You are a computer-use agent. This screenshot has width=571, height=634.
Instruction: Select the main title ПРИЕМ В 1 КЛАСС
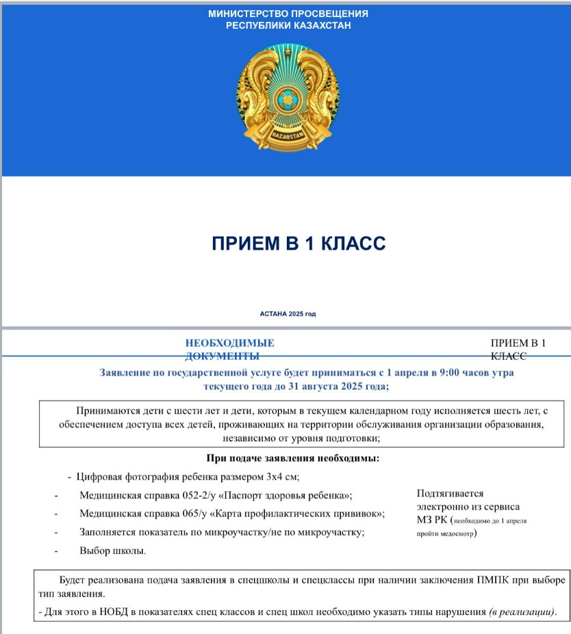(288, 243)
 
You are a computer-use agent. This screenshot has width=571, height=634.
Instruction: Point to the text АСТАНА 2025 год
(288, 314)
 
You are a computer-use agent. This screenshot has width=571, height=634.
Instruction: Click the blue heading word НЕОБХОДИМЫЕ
(229, 343)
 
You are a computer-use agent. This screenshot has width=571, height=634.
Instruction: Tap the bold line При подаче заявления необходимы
(292, 458)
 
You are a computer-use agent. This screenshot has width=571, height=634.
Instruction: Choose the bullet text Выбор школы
(112, 551)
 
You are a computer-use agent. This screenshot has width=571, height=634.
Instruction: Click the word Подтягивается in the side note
(450, 493)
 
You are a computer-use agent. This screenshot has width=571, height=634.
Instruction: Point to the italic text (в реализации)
(521, 611)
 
